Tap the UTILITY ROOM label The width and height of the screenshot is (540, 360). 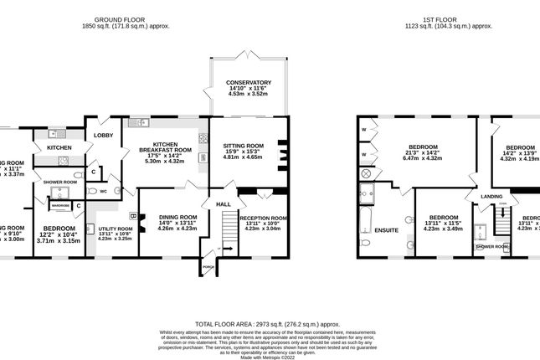pyautogui.click(x=116, y=229)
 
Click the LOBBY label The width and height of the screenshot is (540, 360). pyautogui.click(x=103, y=135)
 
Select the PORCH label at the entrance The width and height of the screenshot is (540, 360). pyautogui.click(x=207, y=267)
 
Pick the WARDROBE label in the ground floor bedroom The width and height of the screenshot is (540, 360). pyautogui.click(x=60, y=205)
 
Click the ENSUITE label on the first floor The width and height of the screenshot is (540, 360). pyautogui.click(x=386, y=229)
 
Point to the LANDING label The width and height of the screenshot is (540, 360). pyautogui.click(x=491, y=196)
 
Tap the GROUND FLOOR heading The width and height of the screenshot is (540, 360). pyautogui.click(x=116, y=19)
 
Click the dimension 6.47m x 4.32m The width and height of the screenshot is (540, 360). pyautogui.click(x=423, y=158)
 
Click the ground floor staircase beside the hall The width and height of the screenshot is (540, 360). pyautogui.click(x=228, y=227)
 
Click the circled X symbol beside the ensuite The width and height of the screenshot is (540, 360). pyautogui.click(x=365, y=173)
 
